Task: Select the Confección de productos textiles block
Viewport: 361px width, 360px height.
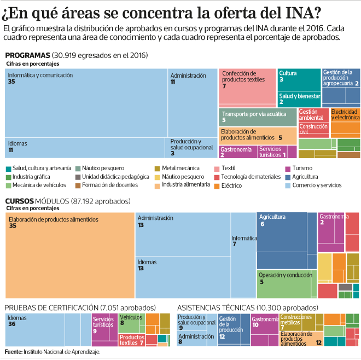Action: (x=247, y=86)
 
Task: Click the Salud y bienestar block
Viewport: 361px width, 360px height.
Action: (x=299, y=99)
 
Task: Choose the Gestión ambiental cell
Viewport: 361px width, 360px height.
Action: (x=313, y=115)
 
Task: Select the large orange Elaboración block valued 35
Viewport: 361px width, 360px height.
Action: (x=69, y=255)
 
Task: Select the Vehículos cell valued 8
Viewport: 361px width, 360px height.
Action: (x=131, y=323)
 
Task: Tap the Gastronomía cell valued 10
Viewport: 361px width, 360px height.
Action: (x=265, y=330)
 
